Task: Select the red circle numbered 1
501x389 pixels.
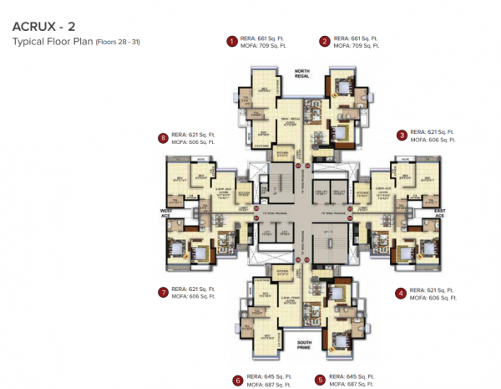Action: click(232, 39)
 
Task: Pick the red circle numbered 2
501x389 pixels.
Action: click(324, 39)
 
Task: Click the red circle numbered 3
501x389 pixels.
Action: click(402, 135)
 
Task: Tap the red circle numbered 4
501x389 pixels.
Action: click(402, 293)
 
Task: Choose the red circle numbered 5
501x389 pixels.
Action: click(320, 379)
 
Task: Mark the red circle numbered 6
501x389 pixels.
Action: click(238, 379)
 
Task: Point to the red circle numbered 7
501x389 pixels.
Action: click(163, 293)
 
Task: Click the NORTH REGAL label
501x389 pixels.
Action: click(301, 74)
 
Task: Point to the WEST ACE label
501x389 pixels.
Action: click(166, 212)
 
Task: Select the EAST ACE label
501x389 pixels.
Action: click(439, 212)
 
